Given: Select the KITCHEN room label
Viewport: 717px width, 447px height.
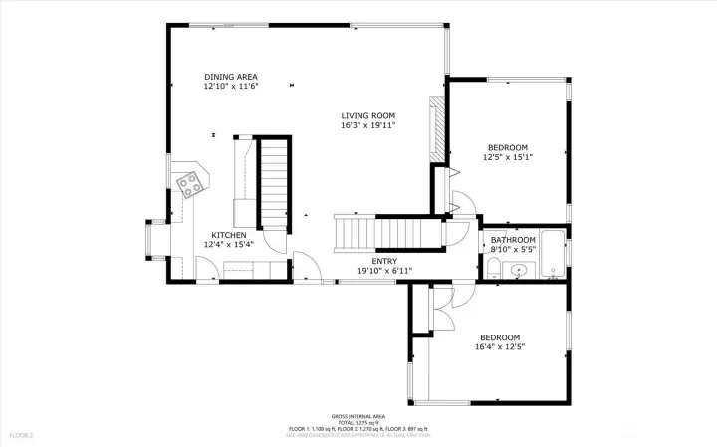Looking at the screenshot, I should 228,235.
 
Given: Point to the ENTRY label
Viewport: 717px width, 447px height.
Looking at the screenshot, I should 384,261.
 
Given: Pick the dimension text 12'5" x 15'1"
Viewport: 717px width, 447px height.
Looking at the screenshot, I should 508,157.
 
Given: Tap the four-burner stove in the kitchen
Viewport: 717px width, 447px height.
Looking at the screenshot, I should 189,183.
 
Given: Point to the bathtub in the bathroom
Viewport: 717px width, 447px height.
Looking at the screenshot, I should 555,255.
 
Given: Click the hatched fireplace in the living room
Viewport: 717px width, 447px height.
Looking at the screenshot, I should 435,126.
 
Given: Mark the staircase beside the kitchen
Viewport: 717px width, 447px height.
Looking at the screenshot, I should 274,184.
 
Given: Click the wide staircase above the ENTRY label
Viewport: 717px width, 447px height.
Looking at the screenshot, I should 388,233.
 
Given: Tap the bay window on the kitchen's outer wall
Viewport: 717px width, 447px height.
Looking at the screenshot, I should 155,239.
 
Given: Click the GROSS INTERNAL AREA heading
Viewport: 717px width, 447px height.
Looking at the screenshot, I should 358,416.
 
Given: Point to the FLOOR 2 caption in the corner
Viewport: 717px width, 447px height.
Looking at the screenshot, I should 22,435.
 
